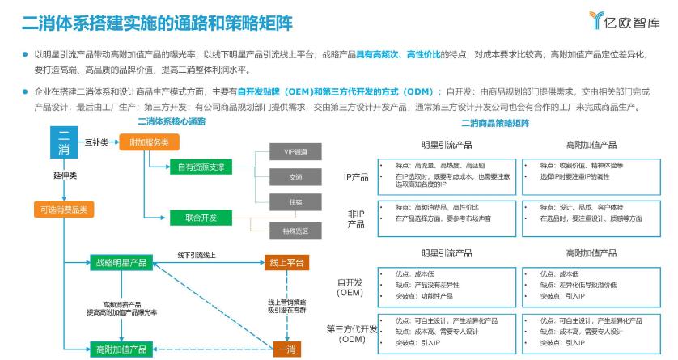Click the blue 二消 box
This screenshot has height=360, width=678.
[x=65, y=142]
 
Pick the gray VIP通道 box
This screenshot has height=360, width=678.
[x=295, y=153]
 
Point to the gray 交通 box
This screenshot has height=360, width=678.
[x=295, y=177]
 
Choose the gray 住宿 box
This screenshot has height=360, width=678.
[x=295, y=204]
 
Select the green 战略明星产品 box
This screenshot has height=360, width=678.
[x=121, y=262]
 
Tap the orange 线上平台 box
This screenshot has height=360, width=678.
[x=287, y=262]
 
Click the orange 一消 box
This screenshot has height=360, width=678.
[x=287, y=349]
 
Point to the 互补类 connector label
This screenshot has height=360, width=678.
[x=98, y=142]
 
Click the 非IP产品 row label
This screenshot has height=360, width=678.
[x=355, y=218]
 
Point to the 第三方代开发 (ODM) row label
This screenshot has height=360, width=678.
[x=352, y=334]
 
